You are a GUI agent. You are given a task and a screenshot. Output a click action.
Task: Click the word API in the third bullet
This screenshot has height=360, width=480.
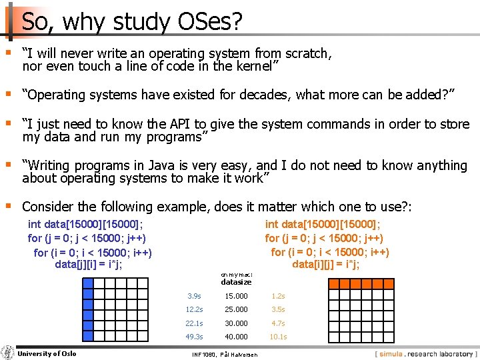[x=174, y=124]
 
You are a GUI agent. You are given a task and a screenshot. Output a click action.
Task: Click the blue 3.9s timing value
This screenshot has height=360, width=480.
[x=195, y=295]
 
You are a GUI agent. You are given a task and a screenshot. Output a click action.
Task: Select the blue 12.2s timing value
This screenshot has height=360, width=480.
[x=195, y=309]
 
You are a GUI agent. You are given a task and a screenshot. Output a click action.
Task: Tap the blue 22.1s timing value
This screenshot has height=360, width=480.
[x=195, y=323]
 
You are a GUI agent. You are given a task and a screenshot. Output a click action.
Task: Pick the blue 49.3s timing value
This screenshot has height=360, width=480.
[x=195, y=337]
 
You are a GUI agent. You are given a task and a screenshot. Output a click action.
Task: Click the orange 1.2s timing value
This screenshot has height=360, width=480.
[x=278, y=295]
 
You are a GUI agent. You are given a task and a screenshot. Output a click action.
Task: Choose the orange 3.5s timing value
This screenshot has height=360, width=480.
[x=278, y=309]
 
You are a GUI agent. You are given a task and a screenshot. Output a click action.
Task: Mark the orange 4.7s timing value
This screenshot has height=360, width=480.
[x=278, y=323]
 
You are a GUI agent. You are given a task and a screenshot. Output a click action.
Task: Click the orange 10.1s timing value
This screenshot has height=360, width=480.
[x=278, y=337]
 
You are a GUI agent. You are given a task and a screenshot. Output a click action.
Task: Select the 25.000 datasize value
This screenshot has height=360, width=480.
[x=236, y=309]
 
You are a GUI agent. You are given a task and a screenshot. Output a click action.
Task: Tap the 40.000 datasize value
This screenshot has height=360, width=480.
[x=236, y=337]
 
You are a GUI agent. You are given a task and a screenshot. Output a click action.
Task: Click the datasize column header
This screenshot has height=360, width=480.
[x=236, y=282]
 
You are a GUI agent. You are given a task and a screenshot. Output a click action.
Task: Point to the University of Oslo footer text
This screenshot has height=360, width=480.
[x=47, y=353]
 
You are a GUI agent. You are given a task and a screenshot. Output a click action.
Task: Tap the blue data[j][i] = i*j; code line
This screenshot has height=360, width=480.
[x=88, y=265]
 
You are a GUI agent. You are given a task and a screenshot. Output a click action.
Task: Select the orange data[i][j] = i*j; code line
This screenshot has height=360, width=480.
[x=326, y=264]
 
